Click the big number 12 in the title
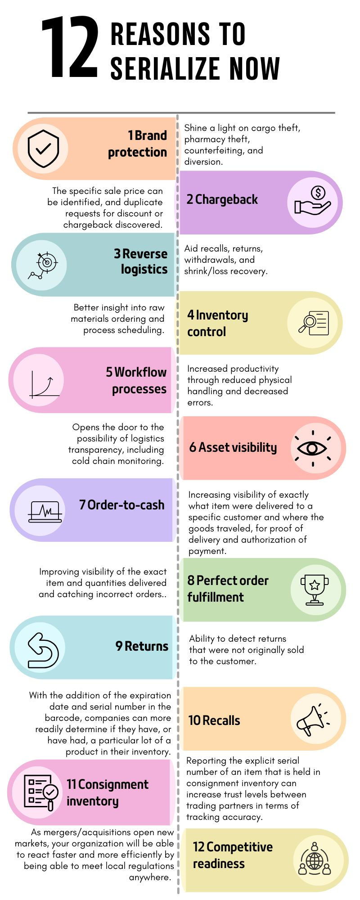tap(70, 47)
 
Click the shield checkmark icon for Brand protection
tap(43, 148)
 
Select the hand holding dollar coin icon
tap(313, 201)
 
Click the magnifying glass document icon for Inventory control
tap(314, 323)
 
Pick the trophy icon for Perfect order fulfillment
tap(315, 589)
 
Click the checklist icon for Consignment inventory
tap(41, 792)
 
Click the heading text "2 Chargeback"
tap(222, 199)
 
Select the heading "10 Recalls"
tap(214, 720)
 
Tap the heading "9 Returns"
tap(142, 646)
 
